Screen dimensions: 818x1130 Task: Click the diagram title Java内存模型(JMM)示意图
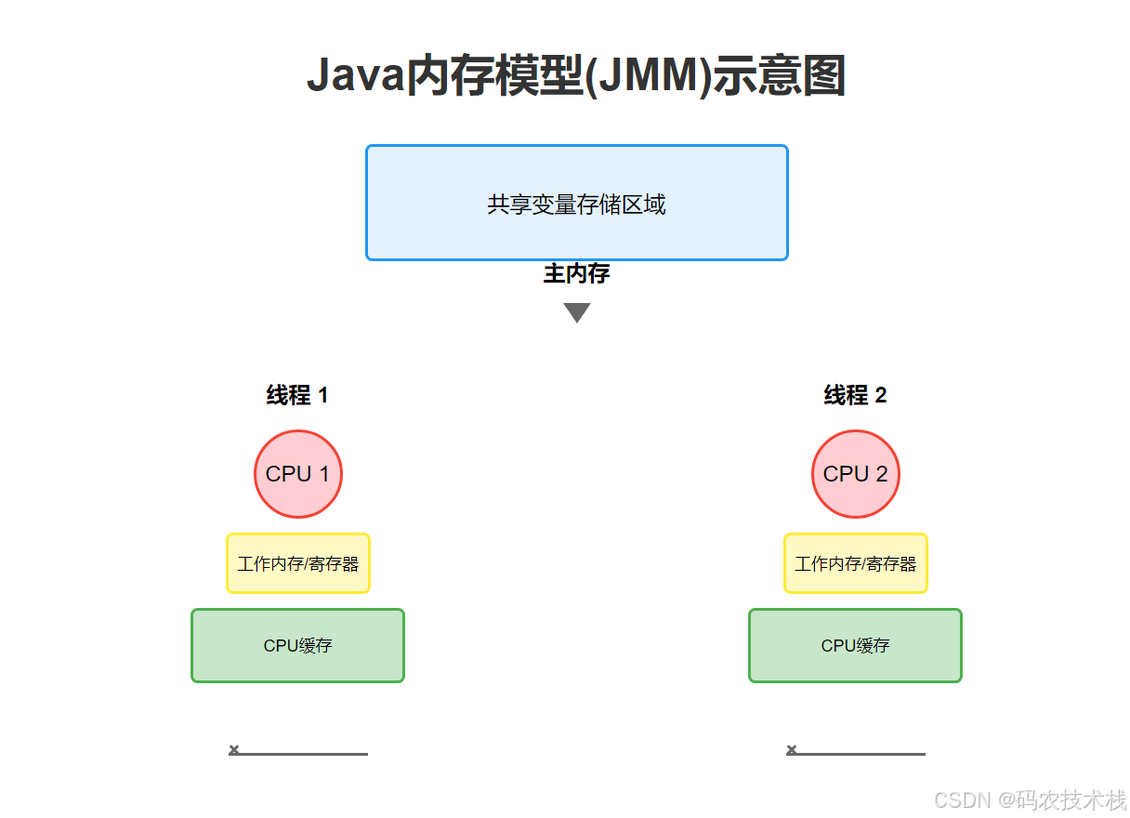(x=576, y=76)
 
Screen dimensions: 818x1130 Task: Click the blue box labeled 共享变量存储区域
(x=576, y=204)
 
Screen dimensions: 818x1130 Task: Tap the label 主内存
(x=576, y=274)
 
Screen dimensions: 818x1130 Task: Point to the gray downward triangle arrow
(x=577, y=312)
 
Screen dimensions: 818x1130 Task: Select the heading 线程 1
(x=297, y=395)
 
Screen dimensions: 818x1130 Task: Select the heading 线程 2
(x=855, y=395)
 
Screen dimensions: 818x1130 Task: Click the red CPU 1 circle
(x=298, y=474)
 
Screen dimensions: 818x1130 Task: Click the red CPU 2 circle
(x=856, y=474)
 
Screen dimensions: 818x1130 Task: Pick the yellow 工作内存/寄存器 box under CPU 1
(x=298, y=563)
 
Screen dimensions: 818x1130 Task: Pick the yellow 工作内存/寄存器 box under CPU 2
(x=856, y=563)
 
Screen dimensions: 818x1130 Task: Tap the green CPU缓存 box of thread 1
(x=298, y=645)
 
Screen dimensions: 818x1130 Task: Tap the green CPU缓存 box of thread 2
(x=856, y=645)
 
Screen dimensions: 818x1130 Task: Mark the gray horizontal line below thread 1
(x=307, y=754)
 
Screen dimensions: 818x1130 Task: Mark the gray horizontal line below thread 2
(x=864, y=754)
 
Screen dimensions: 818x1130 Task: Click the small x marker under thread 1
(x=234, y=749)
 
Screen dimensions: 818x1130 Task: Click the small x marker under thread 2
(x=792, y=749)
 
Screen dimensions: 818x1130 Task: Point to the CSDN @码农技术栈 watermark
(x=1030, y=799)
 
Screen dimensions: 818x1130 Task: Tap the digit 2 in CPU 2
(x=881, y=474)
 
